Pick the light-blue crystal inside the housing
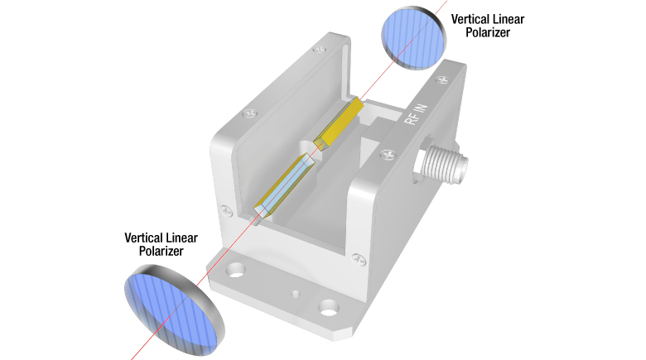pos(286,183)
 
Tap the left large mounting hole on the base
pos(238,269)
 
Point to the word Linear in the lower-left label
pos(194,237)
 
